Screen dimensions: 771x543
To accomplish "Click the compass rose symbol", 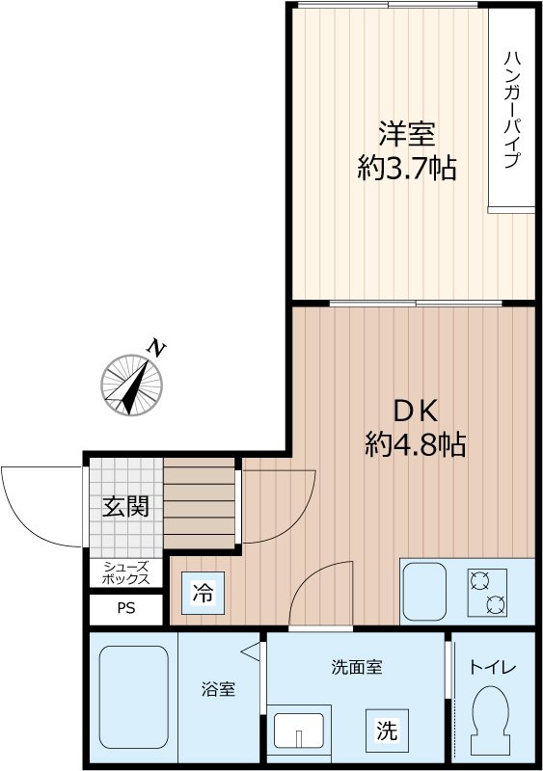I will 132,383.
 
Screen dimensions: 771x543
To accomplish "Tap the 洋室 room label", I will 406,132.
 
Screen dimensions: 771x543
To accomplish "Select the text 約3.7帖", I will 406,169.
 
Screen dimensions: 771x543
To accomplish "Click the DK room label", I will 415,410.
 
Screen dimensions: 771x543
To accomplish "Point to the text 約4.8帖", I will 415,444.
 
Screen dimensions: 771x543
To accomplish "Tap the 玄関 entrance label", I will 125,506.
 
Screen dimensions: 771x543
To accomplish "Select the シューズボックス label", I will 126,572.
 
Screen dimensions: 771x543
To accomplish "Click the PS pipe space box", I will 126,609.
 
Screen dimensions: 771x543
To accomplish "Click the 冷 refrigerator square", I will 204,592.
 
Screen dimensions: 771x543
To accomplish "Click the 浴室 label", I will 218,690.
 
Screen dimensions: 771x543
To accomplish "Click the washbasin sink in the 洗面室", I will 301,731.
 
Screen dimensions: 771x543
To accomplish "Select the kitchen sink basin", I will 424,592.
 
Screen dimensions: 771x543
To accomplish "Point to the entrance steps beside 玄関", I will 200,504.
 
